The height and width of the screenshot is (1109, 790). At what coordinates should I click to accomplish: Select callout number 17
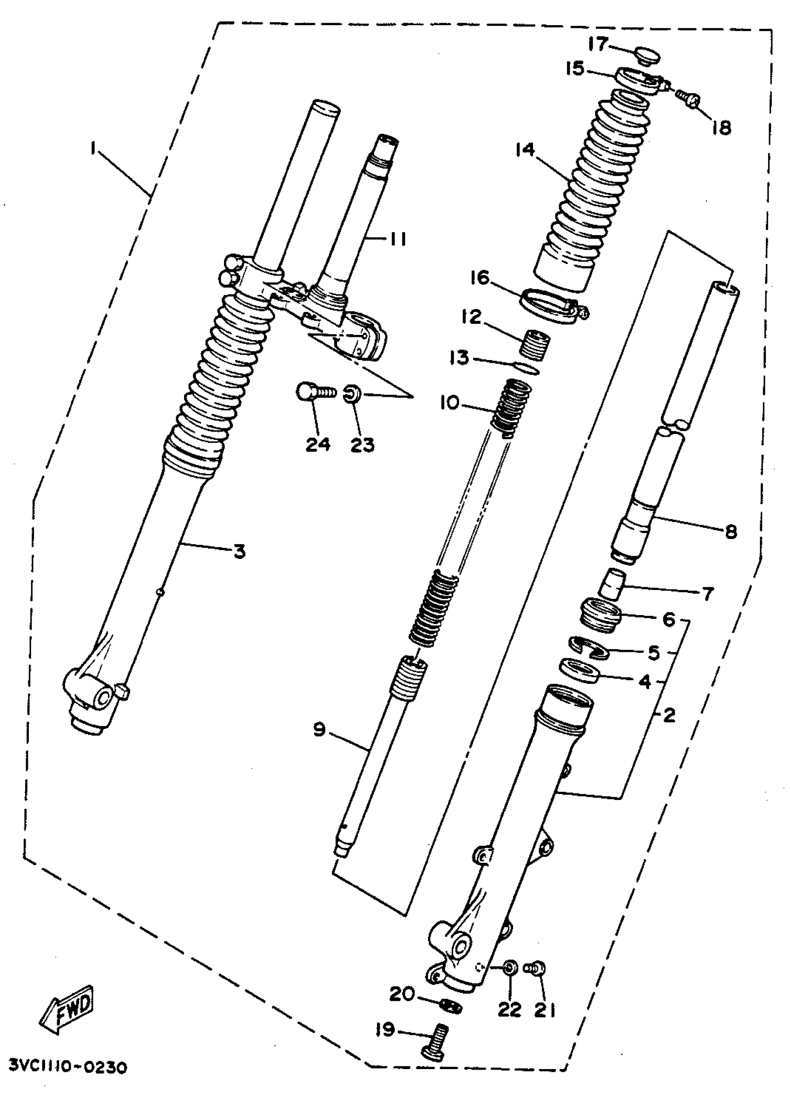(598, 44)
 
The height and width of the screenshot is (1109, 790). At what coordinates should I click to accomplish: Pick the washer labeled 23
(351, 393)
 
